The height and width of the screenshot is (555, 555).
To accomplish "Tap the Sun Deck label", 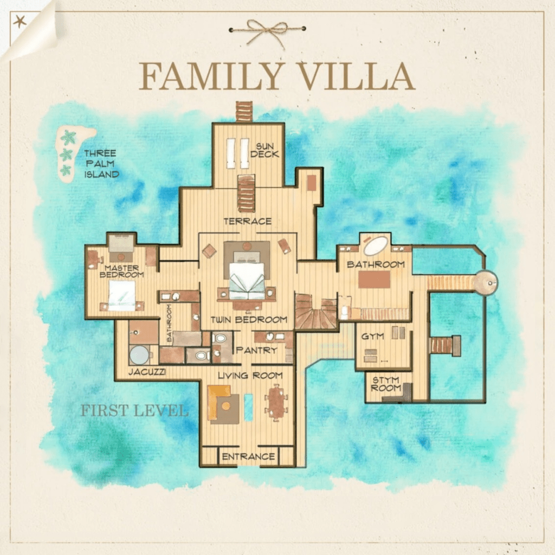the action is pos(264,151).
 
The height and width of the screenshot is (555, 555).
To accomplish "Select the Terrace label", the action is pos(247,222).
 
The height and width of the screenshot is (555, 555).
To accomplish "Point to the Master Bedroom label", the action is pos(121,272).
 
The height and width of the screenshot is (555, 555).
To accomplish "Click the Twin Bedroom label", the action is pos(249,320).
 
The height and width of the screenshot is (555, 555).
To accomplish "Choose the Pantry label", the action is pos(256,351).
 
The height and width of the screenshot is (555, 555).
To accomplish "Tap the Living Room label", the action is pos(250,376).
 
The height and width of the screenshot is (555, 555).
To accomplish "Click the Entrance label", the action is pos(248,456).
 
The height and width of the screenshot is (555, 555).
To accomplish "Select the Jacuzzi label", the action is pos(147,372).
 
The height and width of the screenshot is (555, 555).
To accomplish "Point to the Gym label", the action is pos(372,336).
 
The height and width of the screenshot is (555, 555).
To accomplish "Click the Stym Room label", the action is pos(385,384).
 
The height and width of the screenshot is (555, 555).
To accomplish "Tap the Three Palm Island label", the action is pos(101,164).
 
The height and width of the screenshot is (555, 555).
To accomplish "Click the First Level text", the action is pos(134,411).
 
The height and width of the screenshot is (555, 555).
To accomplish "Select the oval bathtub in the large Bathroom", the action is pos(376,246).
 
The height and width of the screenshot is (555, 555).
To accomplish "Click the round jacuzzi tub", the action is pos(139,354).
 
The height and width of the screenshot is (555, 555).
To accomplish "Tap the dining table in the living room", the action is pos(276,403).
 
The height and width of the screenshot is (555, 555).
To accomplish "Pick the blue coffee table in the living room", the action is pos(248,407).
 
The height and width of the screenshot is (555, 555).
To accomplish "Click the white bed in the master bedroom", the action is pos(122,296).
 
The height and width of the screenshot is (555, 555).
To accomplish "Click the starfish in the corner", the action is pos(20,22).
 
